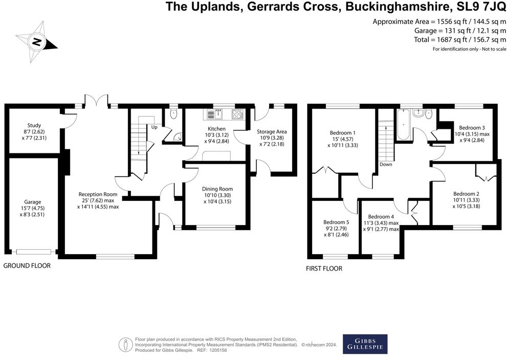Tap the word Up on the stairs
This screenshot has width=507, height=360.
coord(153,127)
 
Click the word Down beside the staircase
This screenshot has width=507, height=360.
coord(386,165)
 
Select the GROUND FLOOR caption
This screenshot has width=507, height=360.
coord(27,266)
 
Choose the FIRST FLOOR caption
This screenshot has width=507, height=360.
coord(324,268)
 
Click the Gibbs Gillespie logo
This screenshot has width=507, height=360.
coord(364,344)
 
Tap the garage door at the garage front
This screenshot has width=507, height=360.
coord(33,252)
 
